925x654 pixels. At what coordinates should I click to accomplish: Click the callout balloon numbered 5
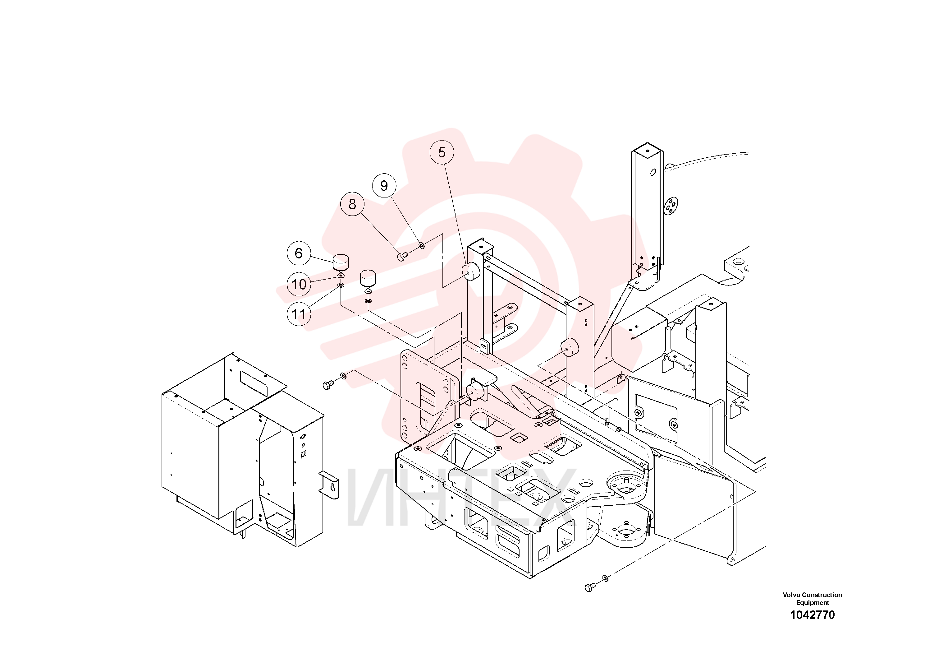click(x=442, y=152)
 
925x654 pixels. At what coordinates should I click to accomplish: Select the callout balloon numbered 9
click(x=384, y=185)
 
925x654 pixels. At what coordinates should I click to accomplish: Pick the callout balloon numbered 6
click(x=299, y=253)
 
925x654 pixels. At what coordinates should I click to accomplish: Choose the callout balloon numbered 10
click(x=299, y=284)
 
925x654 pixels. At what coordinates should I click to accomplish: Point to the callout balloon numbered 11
click(x=299, y=314)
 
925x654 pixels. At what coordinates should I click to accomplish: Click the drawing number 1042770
click(x=812, y=615)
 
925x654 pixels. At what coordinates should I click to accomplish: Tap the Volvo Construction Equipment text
click(x=812, y=599)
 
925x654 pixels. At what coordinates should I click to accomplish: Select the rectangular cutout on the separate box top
click(x=254, y=383)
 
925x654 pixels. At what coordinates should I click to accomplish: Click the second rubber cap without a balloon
click(x=368, y=278)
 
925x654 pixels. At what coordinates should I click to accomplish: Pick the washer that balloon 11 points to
click(x=341, y=285)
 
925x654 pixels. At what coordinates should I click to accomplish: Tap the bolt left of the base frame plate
click(x=328, y=385)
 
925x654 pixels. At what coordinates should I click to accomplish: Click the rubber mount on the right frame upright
click(x=569, y=348)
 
